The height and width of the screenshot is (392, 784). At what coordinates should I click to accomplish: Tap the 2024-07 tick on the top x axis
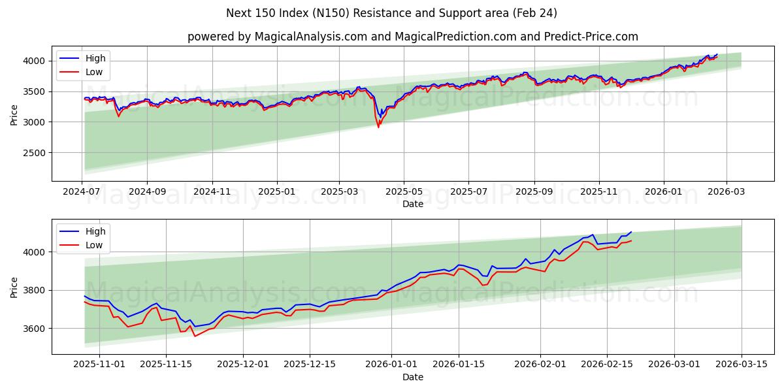pyautogui.click(x=82, y=192)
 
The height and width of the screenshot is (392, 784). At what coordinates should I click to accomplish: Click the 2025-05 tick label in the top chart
pyautogui.click(x=404, y=192)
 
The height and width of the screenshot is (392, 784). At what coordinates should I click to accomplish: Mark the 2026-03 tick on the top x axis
pyautogui.click(x=727, y=192)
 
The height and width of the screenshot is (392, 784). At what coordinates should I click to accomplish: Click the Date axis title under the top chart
pyautogui.click(x=412, y=204)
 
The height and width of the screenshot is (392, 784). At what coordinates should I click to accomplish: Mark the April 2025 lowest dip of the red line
pyautogui.click(x=378, y=127)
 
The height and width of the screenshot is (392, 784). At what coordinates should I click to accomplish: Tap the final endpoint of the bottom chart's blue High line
pyautogui.click(x=631, y=232)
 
